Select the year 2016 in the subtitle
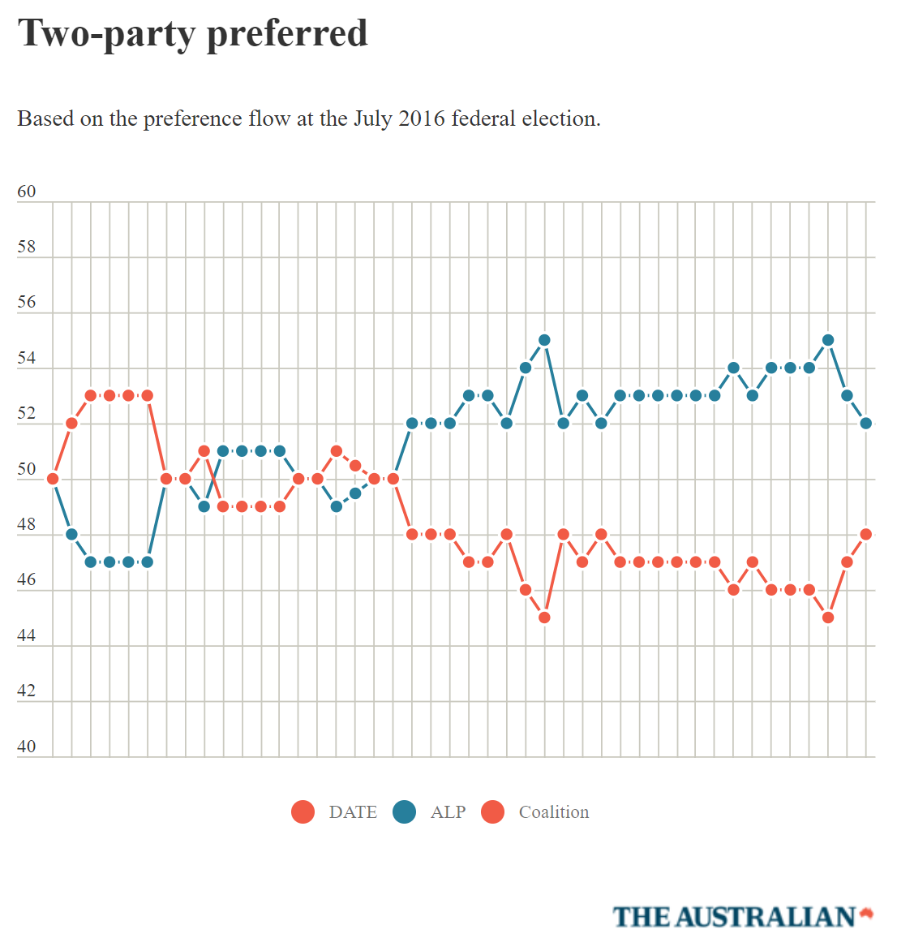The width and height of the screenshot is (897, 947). tap(422, 118)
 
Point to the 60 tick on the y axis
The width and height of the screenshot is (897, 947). tap(27, 192)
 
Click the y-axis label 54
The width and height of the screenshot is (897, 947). tap(27, 358)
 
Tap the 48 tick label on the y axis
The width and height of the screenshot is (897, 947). tap(27, 524)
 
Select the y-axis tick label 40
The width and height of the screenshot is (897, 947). tap(27, 747)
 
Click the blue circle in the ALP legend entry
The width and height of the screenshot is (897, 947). tap(404, 811)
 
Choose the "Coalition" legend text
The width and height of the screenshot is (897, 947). tap(554, 811)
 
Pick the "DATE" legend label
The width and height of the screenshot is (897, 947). tap(353, 811)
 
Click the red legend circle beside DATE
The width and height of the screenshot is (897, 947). tap(303, 811)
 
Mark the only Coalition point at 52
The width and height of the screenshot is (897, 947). tap(71, 423)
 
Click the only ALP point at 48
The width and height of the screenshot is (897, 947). tap(71, 534)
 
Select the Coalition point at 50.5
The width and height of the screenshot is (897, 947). tap(355, 465)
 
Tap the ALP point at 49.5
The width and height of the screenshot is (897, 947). tap(355, 493)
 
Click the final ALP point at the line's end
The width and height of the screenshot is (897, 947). tap(865, 423)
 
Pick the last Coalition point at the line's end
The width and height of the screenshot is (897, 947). tap(865, 534)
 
